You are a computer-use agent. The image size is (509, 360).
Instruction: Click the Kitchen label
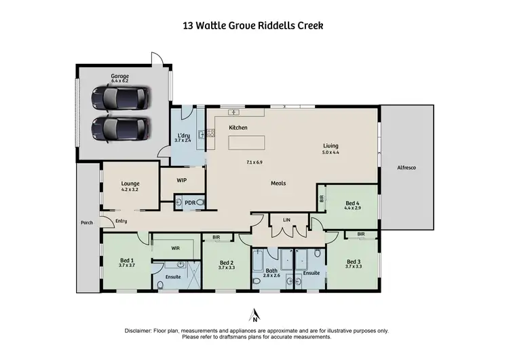point(238,128)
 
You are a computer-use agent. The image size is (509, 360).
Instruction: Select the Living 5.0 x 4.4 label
point(331,149)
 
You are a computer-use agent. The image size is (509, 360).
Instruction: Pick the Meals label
point(278,183)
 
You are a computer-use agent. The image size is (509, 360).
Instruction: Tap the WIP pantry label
point(181,180)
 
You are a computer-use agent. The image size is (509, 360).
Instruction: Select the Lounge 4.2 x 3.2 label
point(130,186)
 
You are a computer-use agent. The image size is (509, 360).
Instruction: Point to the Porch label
point(87,222)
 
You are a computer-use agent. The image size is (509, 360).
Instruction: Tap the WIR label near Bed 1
point(174,248)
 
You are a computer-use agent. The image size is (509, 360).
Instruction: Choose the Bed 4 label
point(352,206)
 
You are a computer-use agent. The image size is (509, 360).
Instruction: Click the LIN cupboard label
point(287,219)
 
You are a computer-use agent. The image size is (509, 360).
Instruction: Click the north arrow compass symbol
point(254,315)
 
